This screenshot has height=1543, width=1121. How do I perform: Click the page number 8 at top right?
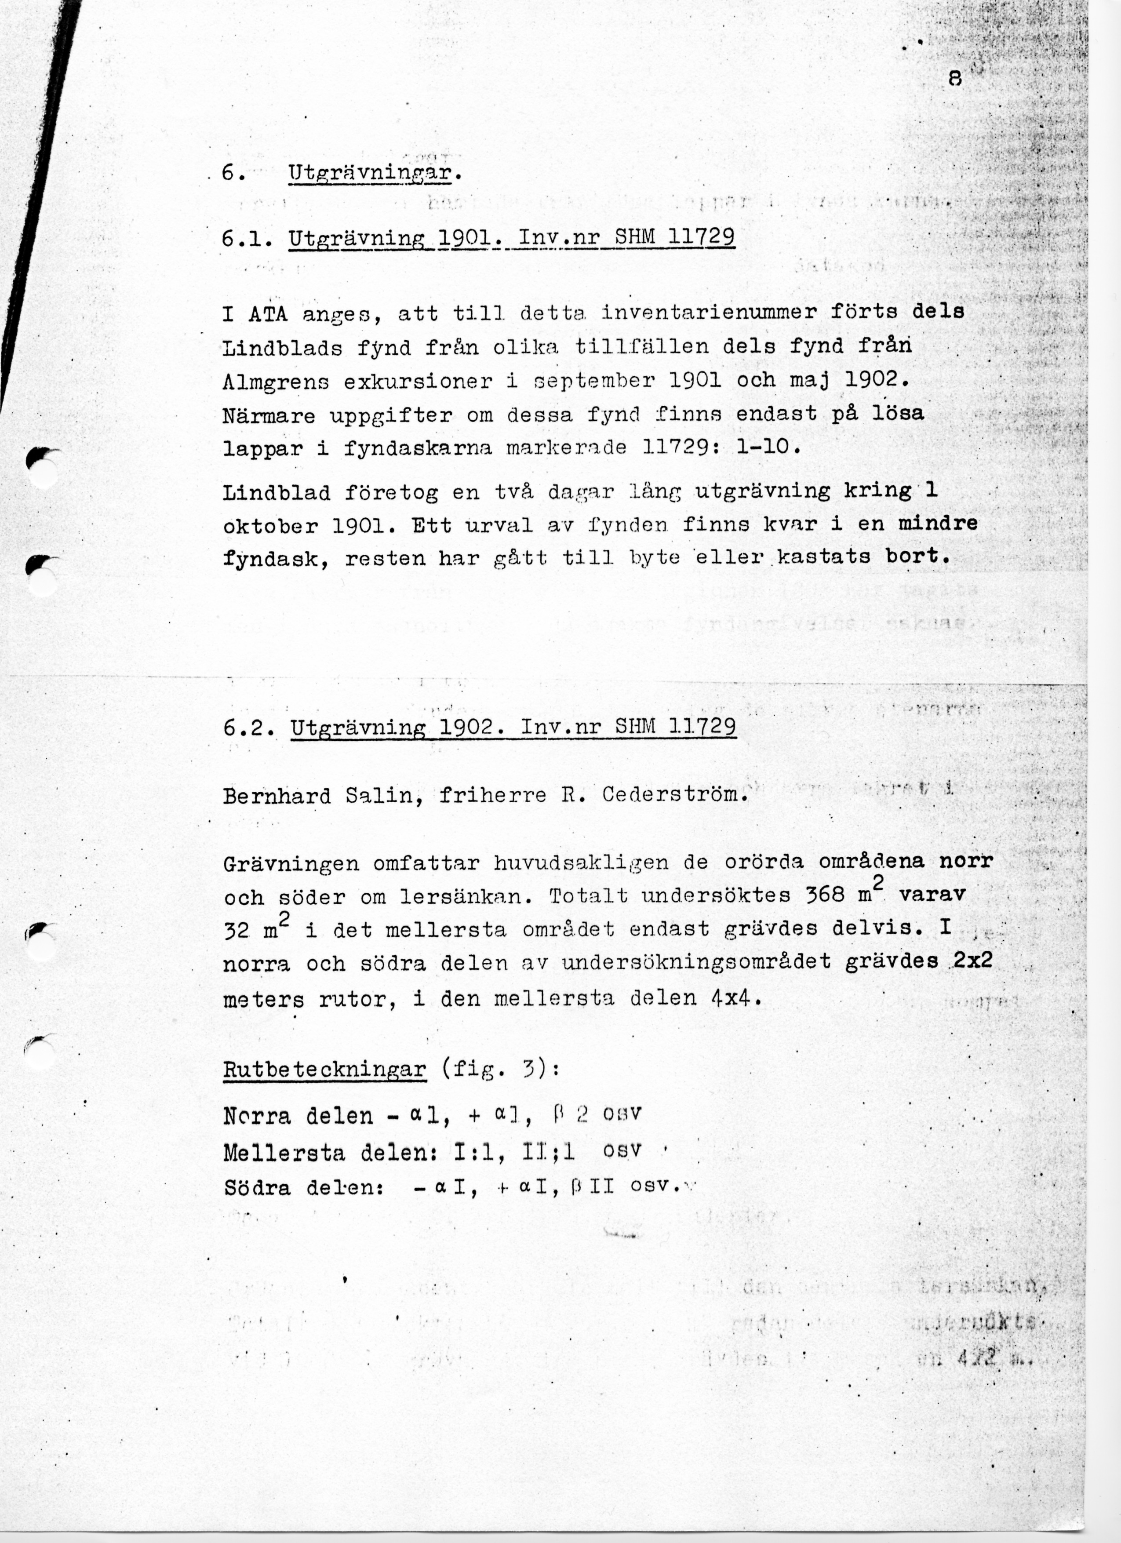tap(955, 80)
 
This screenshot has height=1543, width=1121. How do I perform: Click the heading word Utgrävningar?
tap(370, 174)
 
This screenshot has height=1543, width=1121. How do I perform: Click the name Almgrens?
tap(276, 382)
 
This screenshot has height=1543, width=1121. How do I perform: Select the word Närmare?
tap(269, 415)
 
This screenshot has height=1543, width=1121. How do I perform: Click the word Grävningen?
tap(291, 863)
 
